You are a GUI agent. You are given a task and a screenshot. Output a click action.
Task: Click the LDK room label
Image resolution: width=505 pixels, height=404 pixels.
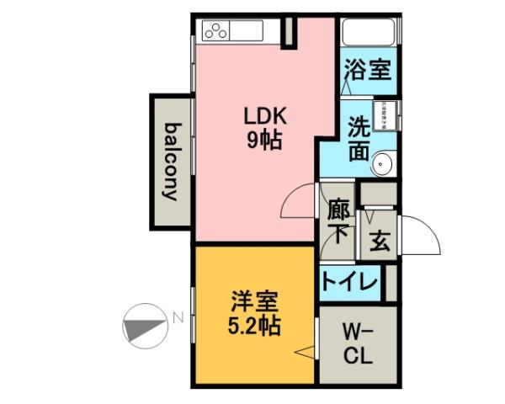pyautogui.click(x=263, y=116)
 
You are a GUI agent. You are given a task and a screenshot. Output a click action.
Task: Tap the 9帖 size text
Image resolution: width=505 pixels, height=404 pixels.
pyautogui.click(x=263, y=141)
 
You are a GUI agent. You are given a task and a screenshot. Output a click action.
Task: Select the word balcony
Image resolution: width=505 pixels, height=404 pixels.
pyautogui.click(x=172, y=162)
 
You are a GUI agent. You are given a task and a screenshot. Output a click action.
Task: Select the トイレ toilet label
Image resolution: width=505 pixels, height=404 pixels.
pyautogui.click(x=349, y=282)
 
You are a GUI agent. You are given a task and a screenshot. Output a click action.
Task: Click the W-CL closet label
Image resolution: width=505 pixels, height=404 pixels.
pyautogui.click(x=358, y=344)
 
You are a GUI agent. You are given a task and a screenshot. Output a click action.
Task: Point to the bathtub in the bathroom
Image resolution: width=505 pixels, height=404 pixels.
pyautogui.click(x=369, y=34)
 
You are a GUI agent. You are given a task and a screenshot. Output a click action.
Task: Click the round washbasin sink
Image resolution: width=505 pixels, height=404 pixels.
pyautogui.click(x=383, y=162)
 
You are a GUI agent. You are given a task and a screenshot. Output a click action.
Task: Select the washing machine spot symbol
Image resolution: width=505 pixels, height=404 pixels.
pyautogui.click(x=385, y=114)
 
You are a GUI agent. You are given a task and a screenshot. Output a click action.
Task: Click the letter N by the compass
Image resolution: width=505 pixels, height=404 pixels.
pyautogui.click(x=178, y=318)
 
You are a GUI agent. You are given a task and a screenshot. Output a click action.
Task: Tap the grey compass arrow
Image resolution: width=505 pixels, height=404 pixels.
pyautogui.click(x=141, y=323)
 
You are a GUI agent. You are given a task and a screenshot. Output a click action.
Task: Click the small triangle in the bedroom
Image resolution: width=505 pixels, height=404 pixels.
pyautogui.click(x=302, y=354)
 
